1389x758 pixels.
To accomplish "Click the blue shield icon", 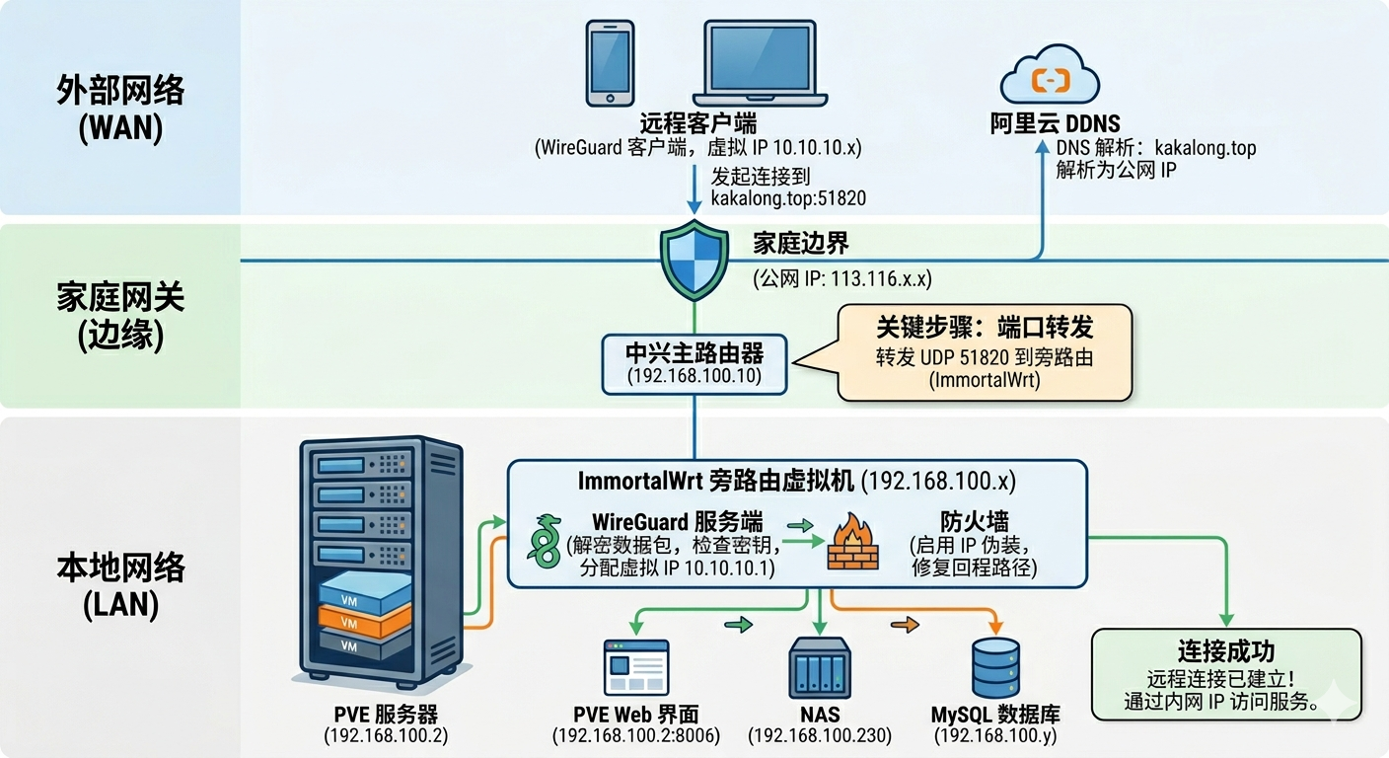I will point(695,262).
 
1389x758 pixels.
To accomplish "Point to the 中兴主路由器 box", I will point(696,363).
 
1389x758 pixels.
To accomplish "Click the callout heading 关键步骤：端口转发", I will point(985,328).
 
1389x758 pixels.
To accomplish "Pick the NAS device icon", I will point(820,668).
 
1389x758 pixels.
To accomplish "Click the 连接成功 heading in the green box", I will point(1226,651).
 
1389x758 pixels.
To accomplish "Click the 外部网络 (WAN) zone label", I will point(120,110).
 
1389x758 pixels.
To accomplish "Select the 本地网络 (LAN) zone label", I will point(120,585).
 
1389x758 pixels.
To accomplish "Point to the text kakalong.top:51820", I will point(788,198).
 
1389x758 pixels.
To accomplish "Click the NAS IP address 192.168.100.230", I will point(820,735).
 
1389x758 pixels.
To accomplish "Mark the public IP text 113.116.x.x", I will point(843,279).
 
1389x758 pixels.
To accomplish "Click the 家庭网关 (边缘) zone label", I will point(120,316).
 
